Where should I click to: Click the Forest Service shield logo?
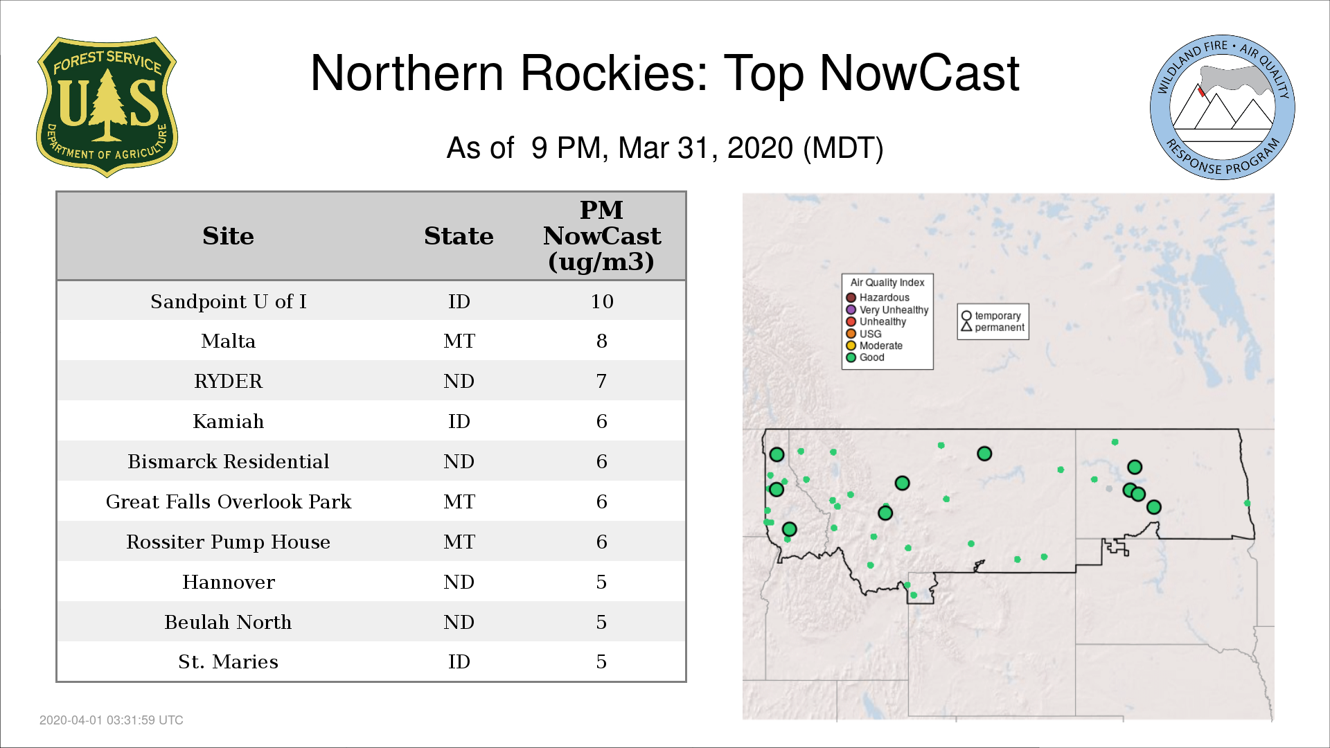(107, 107)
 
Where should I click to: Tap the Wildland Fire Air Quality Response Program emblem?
(1223, 107)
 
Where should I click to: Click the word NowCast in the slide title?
(919, 73)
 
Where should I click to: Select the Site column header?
(228, 236)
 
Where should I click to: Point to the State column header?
(459, 236)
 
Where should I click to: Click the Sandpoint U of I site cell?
(228, 301)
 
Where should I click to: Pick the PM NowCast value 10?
(602, 301)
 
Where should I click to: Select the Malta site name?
(228, 341)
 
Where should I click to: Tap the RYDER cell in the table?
(228, 381)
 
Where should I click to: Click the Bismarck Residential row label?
(228, 461)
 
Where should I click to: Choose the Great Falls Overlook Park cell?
(228, 501)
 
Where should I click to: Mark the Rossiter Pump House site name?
(228, 542)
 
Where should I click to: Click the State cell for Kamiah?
(459, 421)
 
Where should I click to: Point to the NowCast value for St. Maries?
(601, 661)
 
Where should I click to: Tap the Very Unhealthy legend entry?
(887, 310)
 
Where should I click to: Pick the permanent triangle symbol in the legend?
(966, 326)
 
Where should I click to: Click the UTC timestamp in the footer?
(112, 720)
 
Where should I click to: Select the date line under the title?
(665, 148)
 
